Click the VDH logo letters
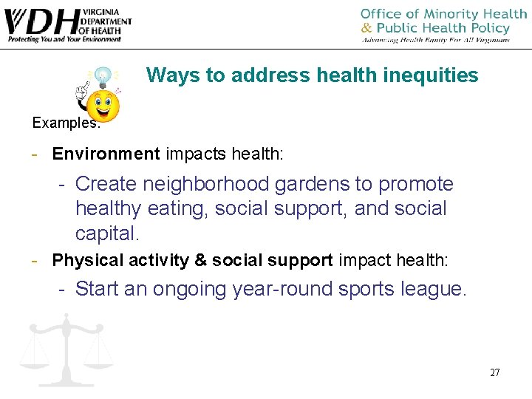tap(41, 21)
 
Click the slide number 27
tap(494, 372)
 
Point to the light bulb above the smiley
tap(103, 75)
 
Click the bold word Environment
tap(106, 154)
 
